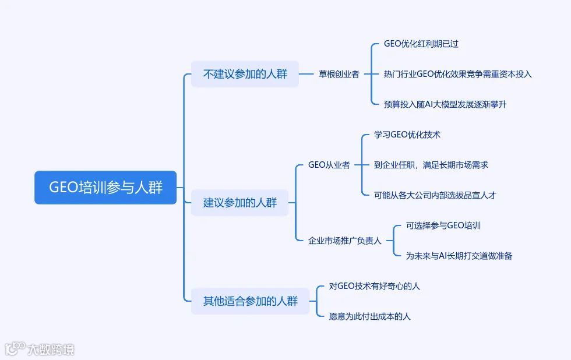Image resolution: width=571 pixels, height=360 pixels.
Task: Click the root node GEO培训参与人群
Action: point(105,188)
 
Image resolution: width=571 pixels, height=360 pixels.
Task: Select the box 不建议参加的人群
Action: point(245,74)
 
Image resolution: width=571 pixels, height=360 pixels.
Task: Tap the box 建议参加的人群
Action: point(239,203)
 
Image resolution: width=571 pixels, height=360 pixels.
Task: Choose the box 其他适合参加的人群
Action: point(250,301)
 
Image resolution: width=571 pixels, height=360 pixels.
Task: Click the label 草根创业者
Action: point(339,74)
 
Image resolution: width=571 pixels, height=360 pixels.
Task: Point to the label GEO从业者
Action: point(329,165)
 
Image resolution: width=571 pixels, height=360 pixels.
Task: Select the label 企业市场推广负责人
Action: point(344,241)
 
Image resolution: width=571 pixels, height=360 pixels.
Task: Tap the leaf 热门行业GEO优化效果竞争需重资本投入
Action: point(457,74)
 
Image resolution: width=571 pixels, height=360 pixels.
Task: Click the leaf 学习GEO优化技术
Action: point(407,135)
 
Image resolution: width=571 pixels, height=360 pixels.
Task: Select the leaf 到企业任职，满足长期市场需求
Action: point(431,165)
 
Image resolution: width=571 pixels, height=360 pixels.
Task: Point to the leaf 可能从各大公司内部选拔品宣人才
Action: point(435,195)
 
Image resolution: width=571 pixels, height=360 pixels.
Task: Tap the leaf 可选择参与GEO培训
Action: point(443,225)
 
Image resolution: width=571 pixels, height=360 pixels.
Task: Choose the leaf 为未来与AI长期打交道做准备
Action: point(459,256)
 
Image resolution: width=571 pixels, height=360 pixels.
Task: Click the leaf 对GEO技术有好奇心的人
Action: point(374,286)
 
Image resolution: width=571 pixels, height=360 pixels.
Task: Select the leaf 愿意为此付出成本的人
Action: point(369,316)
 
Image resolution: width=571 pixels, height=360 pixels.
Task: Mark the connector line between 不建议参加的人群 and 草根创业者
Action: point(306,74)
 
